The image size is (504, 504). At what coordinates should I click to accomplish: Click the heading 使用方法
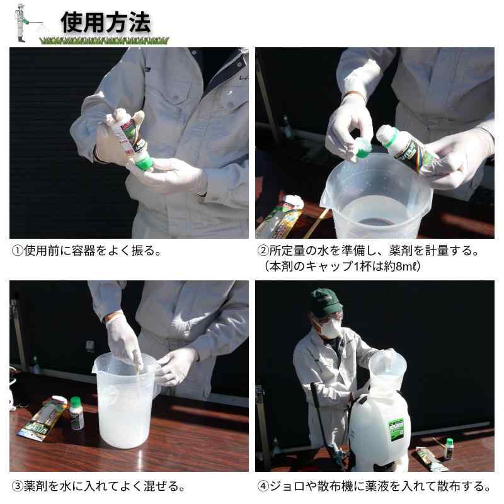pyautogui.click(x=106, y=22)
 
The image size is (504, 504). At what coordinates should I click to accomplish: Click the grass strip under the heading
pyautogui.click(x=104, y=41)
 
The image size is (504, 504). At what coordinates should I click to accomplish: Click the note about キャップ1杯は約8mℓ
pyautogui.click(x=343, y=266)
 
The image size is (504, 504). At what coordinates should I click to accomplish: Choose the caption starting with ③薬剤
pyautogui.click(x=98, y=486)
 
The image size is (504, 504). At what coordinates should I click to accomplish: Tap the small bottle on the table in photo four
pyautogui.click(x=449, y=449)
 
